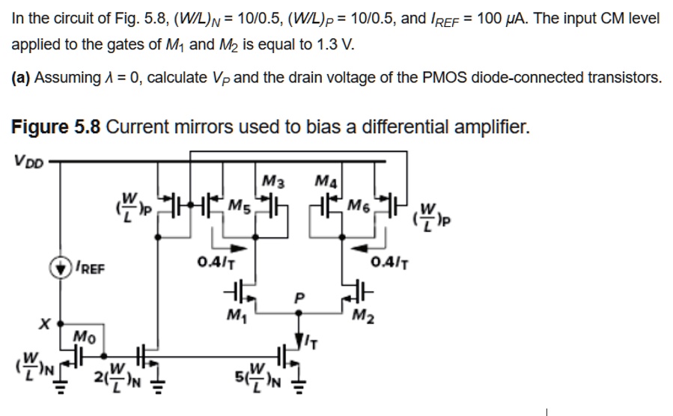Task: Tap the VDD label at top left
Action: click(x=28, y=159)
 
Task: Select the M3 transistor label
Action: click(x=274, y=180)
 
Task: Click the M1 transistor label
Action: click(x=237, y=313)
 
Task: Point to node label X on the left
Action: click(x=46, y=326)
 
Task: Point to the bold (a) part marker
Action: click(x=23, y=78)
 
